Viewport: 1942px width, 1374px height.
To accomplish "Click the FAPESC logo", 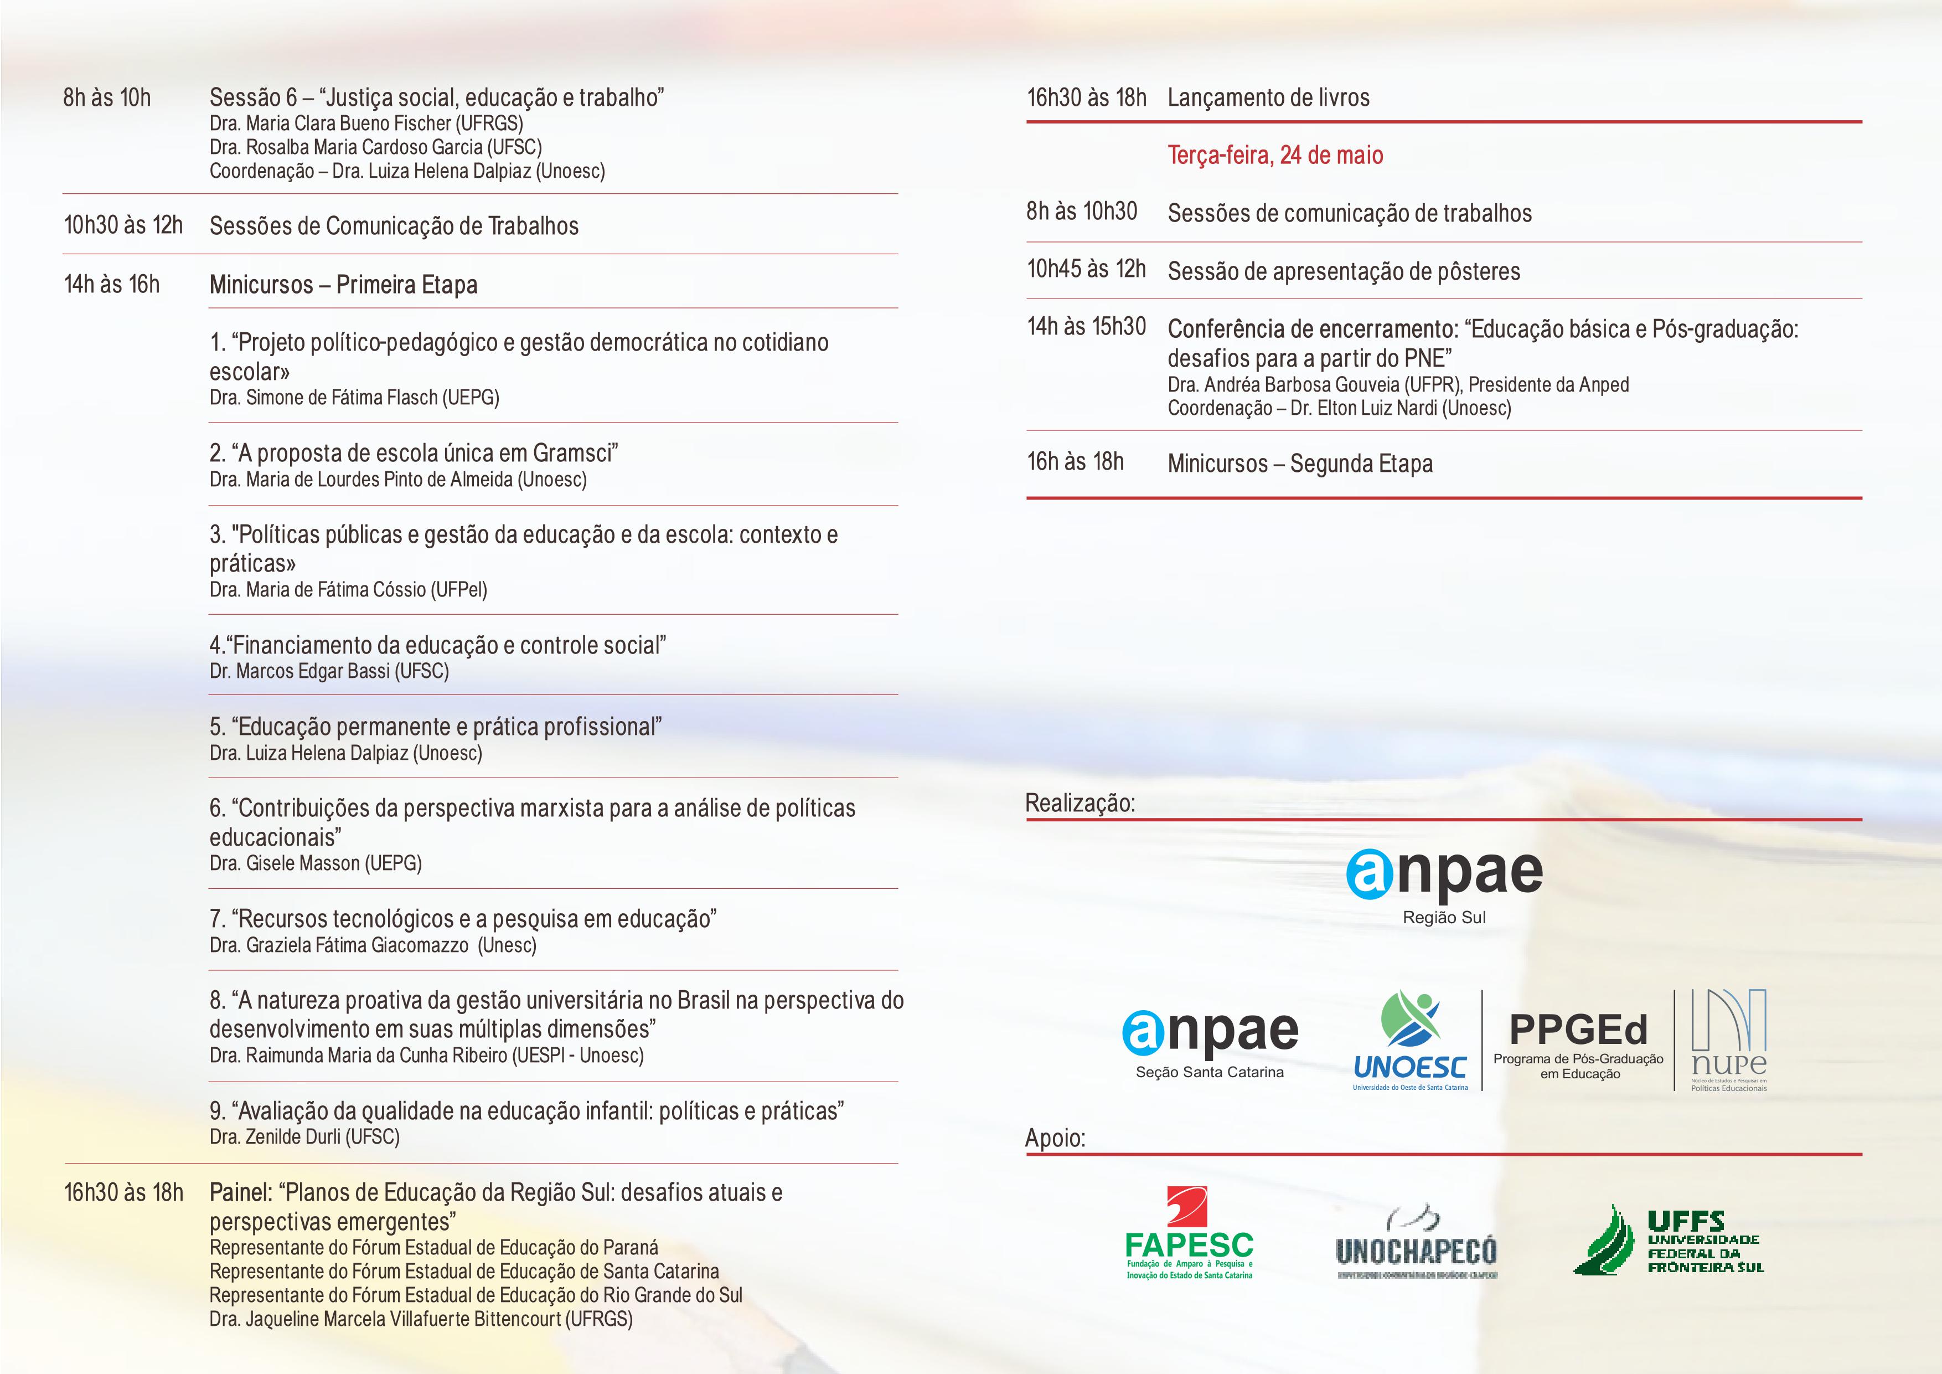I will tap(1189, 1233).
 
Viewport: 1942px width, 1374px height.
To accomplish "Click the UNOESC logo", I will tap(1410, 1041).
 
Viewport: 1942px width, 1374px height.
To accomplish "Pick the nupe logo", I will tap(1728, 1041).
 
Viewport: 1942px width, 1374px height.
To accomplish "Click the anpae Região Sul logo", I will tap(1444, 884).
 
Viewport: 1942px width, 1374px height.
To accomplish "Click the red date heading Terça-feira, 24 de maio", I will tap(1275, 155).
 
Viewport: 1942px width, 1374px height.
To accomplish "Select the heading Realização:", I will tap(1080, 803).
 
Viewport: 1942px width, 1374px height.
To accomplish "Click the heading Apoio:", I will tap(1055, 1138).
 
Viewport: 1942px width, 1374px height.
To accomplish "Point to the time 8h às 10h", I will tap(107, 98).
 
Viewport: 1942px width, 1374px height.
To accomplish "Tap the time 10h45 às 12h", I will tap(1086, 269).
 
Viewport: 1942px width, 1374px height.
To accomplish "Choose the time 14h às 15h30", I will tap(1086, 327).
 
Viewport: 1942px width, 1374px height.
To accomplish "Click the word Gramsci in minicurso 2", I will tap(575, 454).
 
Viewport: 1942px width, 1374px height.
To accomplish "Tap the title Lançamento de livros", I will tap(1268, 98).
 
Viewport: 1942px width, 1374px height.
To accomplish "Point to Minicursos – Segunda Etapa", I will tap(1300, 464).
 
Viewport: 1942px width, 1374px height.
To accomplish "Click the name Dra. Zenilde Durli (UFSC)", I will tap(304, 1137).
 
